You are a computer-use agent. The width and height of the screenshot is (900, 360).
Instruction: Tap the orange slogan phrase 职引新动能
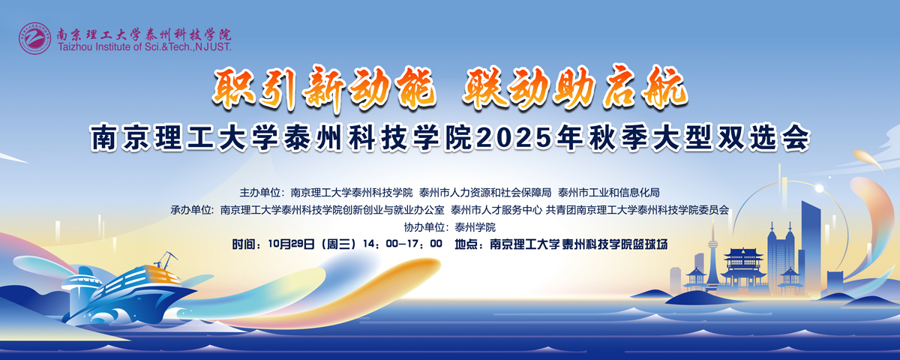pos(323,88)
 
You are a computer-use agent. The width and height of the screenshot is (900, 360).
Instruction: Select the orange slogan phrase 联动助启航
pos(575,88)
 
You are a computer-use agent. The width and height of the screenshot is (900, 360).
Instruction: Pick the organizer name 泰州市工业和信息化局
pos(608,192)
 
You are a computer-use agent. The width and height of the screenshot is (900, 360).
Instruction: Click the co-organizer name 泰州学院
pos(475,227)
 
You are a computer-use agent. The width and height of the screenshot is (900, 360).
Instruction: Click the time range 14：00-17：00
pos(402,244)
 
